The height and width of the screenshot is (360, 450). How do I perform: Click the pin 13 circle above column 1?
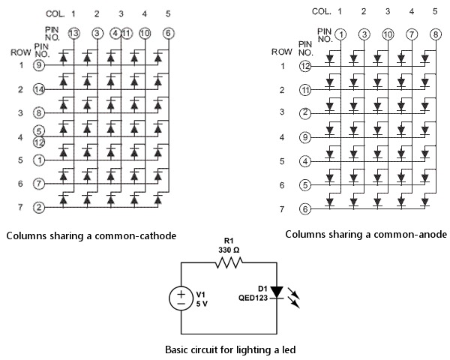pyautogui.click(x=74, y=34)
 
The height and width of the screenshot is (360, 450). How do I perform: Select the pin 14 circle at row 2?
pyautogui.click(x=39, y=89)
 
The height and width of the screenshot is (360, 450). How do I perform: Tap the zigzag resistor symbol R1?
pyautogui.click(x=229, y=262)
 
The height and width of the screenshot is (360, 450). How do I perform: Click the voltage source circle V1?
pyautogui.click(x=181, y=298)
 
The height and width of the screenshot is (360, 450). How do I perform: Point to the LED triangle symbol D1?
pyautogui.click(x=277, y=292)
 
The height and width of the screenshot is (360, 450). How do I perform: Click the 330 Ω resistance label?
pyautogui.click(x=229, y=250)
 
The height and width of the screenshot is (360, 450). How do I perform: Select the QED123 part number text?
pyautogui.click(x=253, y=298)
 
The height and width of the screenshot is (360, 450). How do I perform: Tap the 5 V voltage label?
pyautogui.click(x=202, y=304)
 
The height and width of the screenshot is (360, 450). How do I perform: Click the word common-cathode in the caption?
pyautogui.click(x=136, y=236)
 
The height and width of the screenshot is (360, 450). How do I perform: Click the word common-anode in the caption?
pyautogui.click(x=406, y=235)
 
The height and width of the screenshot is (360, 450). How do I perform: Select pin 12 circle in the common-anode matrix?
pyautogui.click(x=305, y=66)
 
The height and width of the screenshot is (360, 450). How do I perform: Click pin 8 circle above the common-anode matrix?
pyautogui.click(x=435, y=34)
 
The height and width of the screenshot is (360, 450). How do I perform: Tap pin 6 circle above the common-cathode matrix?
pyautogui.click(x=168, y=34)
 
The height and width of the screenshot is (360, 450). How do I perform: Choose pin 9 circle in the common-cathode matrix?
pyautogui.click(x=39, y=65)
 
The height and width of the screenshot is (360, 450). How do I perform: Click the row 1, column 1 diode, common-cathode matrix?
pyautogui.click(x=64, y=58)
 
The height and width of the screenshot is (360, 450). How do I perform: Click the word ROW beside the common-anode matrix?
pyautogui.click(x=282, y=52)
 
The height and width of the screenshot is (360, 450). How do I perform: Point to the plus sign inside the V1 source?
pyautogui.click(x=181, y=294)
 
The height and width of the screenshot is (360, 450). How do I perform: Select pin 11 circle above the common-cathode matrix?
pyautogui.click(x=127, y=34)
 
